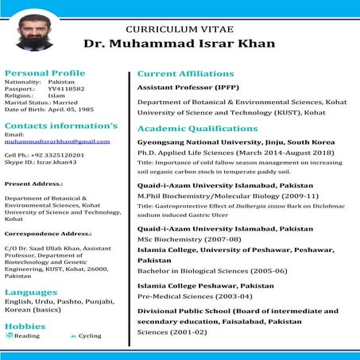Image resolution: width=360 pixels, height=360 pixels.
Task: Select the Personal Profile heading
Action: [x=45, y=72]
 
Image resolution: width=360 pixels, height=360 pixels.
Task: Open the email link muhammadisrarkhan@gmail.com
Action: [x=57, y=141]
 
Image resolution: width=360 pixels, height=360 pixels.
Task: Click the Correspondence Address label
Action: [x=48, y=234]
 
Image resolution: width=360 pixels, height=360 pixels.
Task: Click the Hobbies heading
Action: [x=25, y=326]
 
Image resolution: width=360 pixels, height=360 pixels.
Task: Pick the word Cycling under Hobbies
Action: [x=90, y=336]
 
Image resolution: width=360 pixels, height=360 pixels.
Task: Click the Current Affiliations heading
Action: [x=186, y=73]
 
